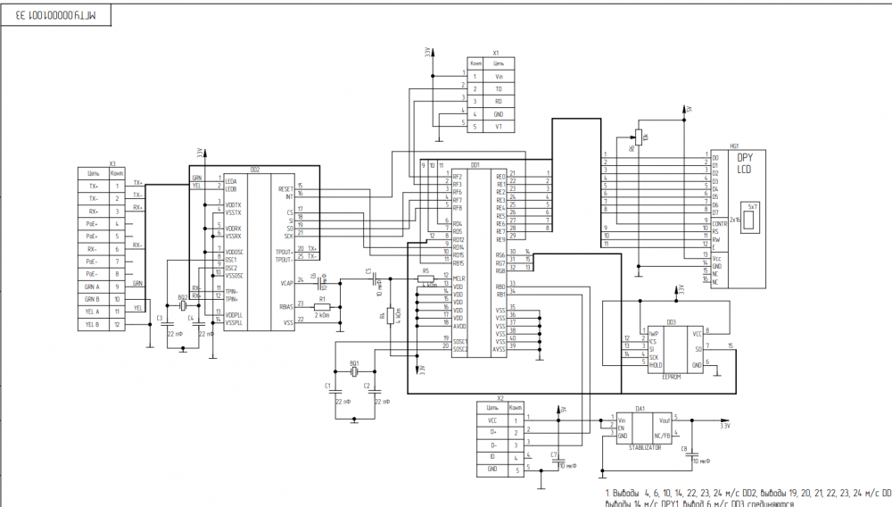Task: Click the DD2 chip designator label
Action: [x=255, y=169]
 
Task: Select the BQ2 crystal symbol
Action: [x=185, y=306]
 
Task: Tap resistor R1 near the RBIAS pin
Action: [x=322, y=306]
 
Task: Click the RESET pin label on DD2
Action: [x=285, y=189]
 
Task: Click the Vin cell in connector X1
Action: [x=500, y=77]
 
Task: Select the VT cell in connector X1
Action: [x=500, y=127]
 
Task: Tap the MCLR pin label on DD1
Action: [x=458, y=278]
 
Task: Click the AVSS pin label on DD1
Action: [x=501, y=348]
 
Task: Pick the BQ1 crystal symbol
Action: [x=354, y=372]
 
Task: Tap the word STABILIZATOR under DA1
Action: [x=643, y=446]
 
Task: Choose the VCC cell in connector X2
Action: [x=492, y=419]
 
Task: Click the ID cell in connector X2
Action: [x=492, y=455]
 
